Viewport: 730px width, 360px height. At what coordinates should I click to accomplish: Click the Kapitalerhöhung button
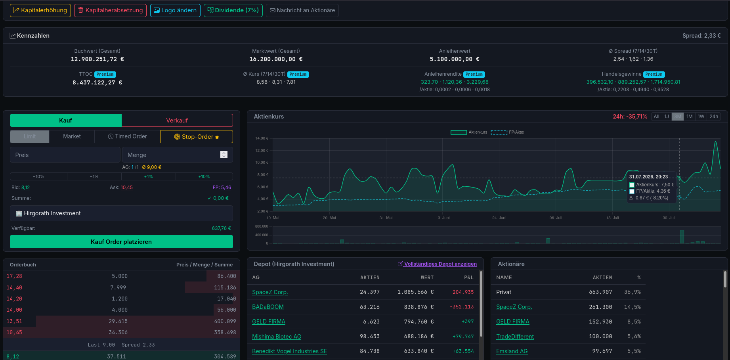coord(40,10)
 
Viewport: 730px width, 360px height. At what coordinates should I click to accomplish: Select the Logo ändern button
coord(175,10)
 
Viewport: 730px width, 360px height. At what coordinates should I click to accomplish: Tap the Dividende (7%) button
coord(233,10)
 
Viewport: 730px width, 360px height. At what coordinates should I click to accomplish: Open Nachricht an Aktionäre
coord(302,10)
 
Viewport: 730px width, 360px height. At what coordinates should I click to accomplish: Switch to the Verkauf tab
coord(177,121)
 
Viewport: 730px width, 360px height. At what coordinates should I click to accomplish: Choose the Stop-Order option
coord(197,137)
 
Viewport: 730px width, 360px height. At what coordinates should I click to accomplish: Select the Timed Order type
coord(127,136)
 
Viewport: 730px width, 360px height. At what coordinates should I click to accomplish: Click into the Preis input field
coord(65,155)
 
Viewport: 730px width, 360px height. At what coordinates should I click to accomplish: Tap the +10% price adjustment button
coord(204,176)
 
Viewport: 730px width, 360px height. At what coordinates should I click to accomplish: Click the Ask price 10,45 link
coord(127,188)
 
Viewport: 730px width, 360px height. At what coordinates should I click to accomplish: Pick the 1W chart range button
coord(701,117)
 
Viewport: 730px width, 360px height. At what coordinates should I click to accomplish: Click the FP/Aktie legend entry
coord(507,132)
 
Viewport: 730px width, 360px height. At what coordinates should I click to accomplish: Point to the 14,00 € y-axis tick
coord(262,138)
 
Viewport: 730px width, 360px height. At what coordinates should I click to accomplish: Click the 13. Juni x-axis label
coord(443,218)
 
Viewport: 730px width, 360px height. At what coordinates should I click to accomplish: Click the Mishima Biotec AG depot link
coord(277,337)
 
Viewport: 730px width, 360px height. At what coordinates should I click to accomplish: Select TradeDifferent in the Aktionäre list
coord(515,337)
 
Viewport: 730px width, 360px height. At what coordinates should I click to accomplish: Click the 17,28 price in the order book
coord(14,276)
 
